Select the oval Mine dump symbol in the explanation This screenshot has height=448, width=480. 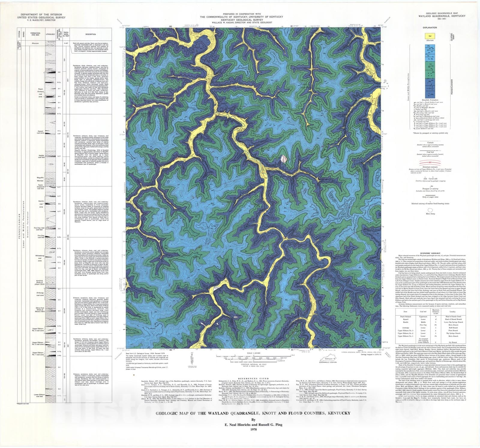point(430,210)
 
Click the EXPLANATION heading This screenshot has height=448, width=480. point(430,28)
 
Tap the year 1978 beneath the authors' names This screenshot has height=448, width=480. point(252,429)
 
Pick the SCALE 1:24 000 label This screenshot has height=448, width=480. point(253,353)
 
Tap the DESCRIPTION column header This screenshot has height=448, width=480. point(90,34)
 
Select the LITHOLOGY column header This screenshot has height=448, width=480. point(50,34)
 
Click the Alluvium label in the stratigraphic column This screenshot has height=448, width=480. point(35,43)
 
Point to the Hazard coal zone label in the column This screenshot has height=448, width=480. point(40,132)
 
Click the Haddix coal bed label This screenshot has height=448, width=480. point(41,156)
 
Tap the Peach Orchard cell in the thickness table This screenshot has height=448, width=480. point(405,316)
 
